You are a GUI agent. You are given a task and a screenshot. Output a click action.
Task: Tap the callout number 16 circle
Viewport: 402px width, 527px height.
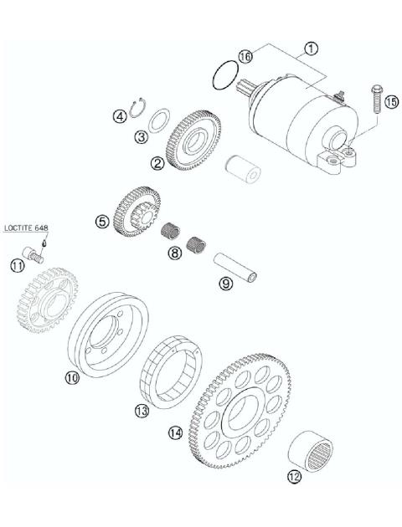(x=245, y=55)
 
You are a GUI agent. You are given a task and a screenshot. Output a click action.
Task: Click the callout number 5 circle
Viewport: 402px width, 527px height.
(x=101, y=222)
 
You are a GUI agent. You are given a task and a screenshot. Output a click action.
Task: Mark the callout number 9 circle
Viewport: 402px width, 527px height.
(x=225, y=284)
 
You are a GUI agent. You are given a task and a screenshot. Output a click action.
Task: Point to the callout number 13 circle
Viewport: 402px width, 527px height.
(x=142, y=411)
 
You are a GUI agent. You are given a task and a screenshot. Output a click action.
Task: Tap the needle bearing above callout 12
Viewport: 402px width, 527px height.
(x=309, y=449)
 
